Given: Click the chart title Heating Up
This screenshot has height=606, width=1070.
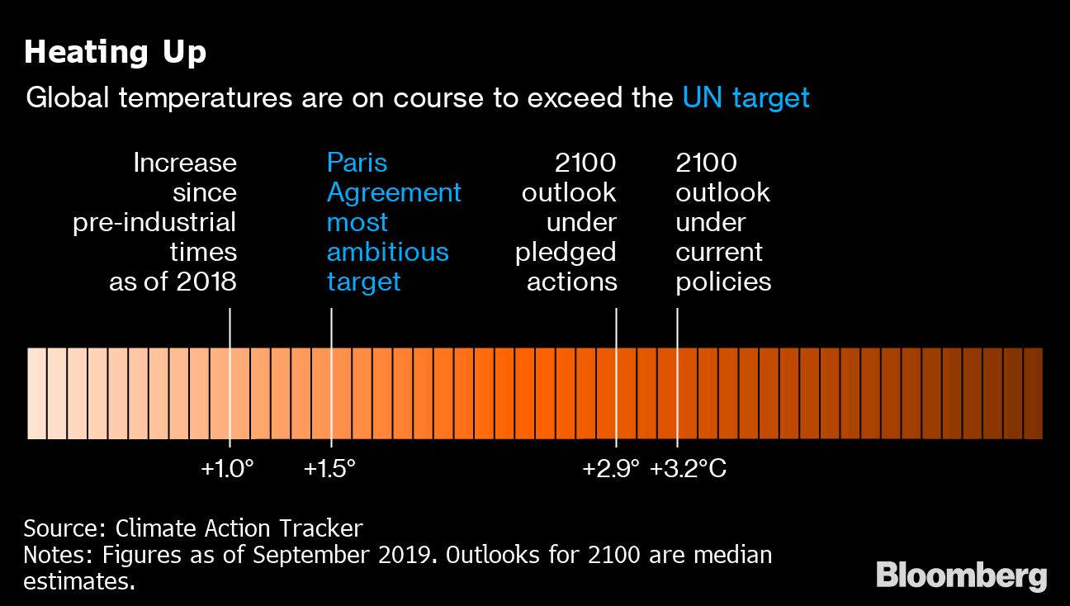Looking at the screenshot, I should point(115,53).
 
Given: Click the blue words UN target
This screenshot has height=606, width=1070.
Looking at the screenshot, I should point(746,98).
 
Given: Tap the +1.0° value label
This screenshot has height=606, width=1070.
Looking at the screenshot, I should point(227,469).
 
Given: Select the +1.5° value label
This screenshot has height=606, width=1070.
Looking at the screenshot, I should point(329,469).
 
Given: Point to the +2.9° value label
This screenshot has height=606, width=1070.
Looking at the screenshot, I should point(611,469).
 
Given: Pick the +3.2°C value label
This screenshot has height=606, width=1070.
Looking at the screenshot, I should point(688,469).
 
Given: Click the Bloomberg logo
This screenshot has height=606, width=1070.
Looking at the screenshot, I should point(961,575).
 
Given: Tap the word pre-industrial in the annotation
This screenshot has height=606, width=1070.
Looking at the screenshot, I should point(154,222).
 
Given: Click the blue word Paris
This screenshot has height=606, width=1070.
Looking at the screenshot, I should point(357,163).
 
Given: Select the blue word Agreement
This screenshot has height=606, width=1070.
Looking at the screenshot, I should point(394,192).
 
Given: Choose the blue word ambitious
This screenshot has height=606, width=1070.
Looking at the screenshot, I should point(387,252).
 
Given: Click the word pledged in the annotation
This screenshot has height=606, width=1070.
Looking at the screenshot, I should point(566,252).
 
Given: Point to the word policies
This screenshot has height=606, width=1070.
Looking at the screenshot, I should point(723,282).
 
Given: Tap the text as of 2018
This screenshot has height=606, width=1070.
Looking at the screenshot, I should point(173,282).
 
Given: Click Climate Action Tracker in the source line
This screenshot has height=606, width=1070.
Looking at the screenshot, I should point(239,528).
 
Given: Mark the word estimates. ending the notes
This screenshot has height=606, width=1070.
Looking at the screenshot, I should point(78,580).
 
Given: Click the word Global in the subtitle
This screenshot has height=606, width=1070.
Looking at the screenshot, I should point(69,98).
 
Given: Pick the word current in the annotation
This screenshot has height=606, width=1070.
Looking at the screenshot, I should point(719,252).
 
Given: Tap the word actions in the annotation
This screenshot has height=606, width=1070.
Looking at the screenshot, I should point(571,282).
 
